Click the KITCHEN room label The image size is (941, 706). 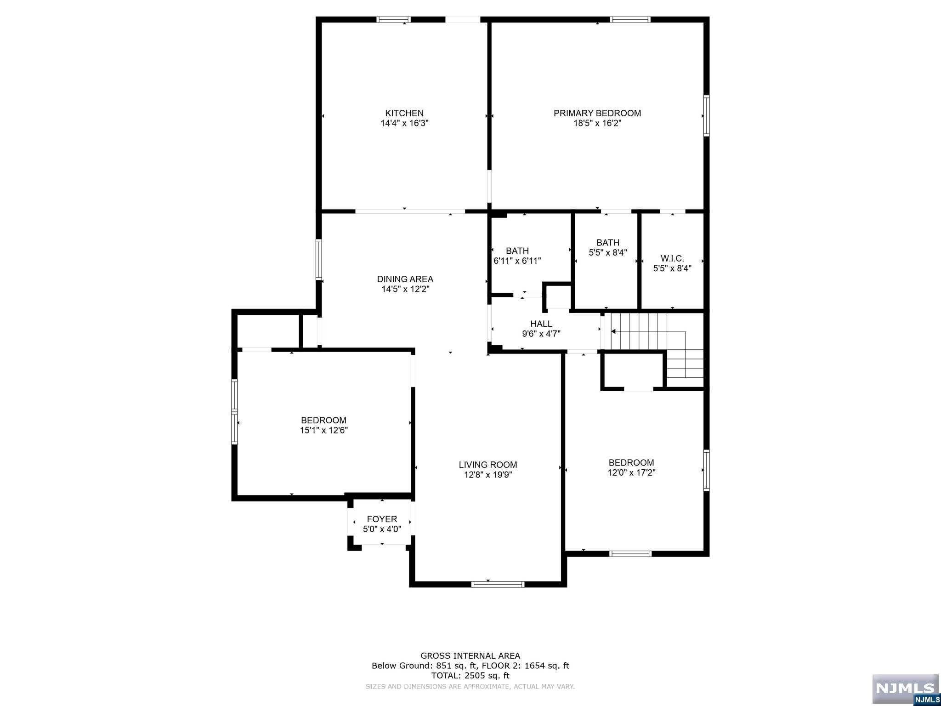[404, 113]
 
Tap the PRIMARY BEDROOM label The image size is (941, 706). [597, 113]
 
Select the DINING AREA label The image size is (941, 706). [405, 279]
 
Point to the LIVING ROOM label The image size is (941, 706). [488, 465]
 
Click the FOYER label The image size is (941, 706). [382, 519]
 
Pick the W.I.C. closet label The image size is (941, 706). [672, 259]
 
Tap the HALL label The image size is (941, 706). [541, 324]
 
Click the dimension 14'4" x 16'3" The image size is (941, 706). [404, 123]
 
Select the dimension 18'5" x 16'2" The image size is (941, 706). [597, 123]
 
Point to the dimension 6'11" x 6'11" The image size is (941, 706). [517, 261]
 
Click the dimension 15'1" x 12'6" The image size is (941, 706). [323, 430]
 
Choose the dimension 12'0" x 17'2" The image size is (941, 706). [631, 473]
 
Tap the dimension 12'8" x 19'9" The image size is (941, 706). [488, 475]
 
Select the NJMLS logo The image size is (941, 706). [905, 688]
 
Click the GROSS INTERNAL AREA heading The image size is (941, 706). [470, 656]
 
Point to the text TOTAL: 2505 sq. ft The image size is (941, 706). [470, 676]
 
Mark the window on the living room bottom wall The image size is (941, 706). [498, 584]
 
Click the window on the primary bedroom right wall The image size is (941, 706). [707, 115]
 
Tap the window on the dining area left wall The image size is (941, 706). [318, 259]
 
